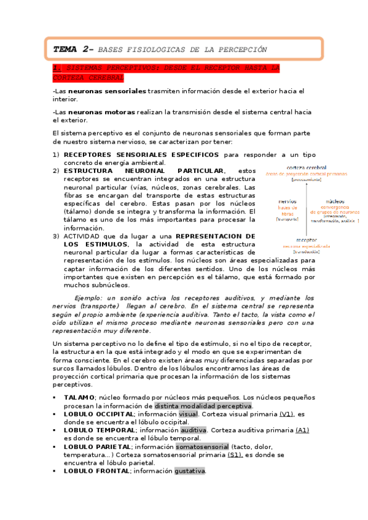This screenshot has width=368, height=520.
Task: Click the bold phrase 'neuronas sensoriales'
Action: (x=108, y=91)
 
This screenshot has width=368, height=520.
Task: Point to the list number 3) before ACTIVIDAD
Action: (x=57, y=235)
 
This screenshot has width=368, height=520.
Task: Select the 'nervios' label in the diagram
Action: (x=288, y=201)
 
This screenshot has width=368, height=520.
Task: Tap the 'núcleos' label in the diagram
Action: (x=335, y=201)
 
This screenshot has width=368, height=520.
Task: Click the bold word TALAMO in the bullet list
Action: (x=79, y=397)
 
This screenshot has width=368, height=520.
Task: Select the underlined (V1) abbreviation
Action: (x=286, y=414)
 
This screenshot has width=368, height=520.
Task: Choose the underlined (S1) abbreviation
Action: (x=235, y=454)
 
